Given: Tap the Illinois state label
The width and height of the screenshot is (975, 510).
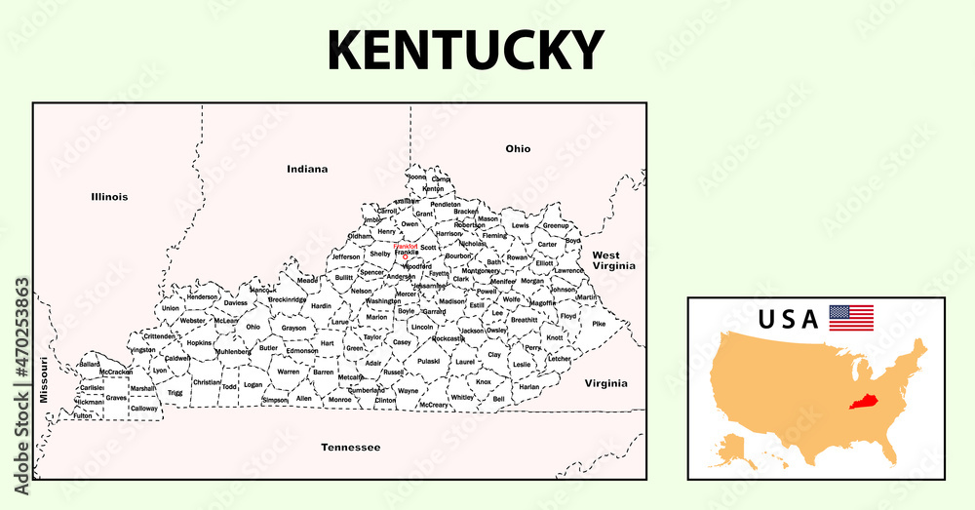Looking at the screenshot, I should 109,197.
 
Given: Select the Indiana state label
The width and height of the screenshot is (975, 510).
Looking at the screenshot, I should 307,169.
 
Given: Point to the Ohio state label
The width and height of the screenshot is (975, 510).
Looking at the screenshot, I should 518,149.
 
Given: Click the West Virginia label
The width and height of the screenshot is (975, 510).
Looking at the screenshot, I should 613,259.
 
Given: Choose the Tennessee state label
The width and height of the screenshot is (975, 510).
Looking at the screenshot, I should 350,448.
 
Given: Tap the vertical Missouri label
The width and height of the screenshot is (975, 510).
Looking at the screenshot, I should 44,380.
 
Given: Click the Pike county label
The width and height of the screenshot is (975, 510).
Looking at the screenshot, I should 599,324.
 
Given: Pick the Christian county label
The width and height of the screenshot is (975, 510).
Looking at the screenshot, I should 207,382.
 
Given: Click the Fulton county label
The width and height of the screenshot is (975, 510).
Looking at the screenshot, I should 83,415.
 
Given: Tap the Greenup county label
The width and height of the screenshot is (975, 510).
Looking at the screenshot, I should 556,225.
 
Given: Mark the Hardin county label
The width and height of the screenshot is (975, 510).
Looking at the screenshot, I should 322,306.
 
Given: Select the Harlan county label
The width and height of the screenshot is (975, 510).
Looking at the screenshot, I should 528,387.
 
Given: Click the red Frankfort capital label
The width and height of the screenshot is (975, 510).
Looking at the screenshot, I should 406,247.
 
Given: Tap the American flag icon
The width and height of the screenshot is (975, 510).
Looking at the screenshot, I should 850,318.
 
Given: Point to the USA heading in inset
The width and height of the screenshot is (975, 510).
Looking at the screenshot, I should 790,320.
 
